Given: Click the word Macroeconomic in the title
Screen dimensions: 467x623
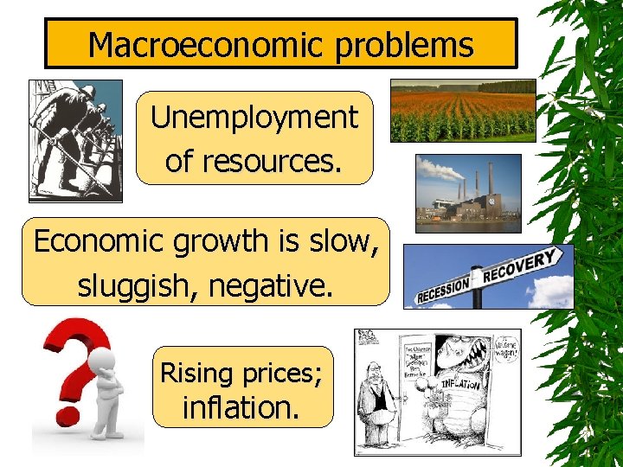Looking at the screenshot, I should pyautogui.click(x=201, y=44).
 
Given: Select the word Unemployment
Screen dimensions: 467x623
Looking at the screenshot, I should pyautogui.click(x=254, y=118).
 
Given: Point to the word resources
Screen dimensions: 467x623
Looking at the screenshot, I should pyautogui.click(x=253, y=160).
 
